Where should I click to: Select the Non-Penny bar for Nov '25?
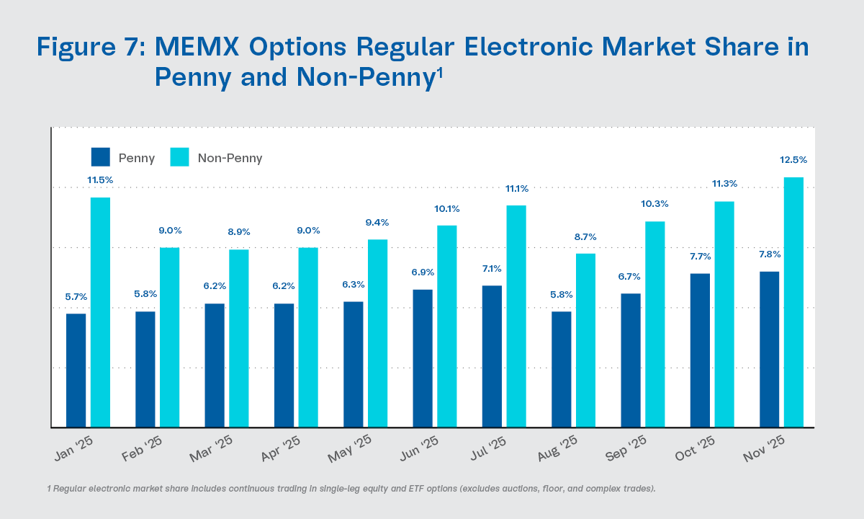(793, 302)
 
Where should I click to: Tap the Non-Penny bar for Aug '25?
(585, 340)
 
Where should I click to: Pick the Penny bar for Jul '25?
(492, 356)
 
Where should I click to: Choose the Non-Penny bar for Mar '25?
(238, 338)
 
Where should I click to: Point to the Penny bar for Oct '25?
(700, 350)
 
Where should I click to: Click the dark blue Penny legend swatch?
(101, 157)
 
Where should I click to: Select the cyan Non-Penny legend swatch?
(179, 157)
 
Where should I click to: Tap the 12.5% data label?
(793, 160)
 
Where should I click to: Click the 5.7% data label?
(76, 296)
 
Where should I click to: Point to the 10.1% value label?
(446, 209)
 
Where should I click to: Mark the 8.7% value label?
(585, 236)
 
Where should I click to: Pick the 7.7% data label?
(700, 257)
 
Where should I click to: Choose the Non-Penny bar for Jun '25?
(446, 326)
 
